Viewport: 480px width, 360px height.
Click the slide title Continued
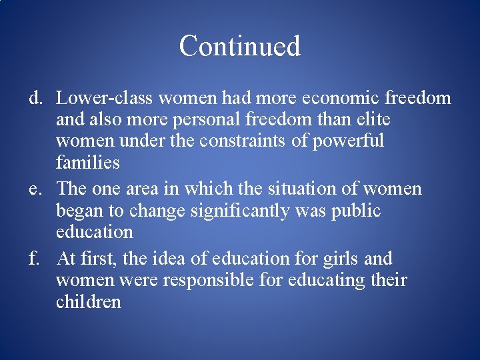pos(239,46)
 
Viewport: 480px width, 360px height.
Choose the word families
pos(87,163)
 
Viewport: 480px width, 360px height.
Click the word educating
pos(325,281)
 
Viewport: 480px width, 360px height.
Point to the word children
pos(89,301)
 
